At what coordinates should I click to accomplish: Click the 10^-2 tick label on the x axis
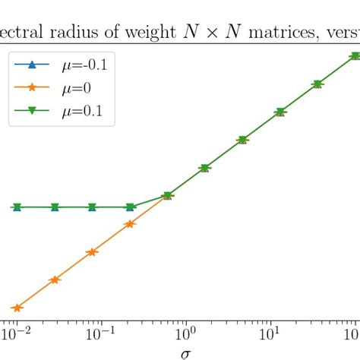(x=17, y=334)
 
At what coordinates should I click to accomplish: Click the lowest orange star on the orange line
(x=17, y=308)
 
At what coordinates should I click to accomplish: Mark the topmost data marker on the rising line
(x=355, y=56)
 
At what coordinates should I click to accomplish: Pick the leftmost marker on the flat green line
(x=17, y=207)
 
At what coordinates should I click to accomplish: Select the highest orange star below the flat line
(x=130, y=224)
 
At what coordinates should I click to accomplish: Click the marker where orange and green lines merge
(x=167, y=196)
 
